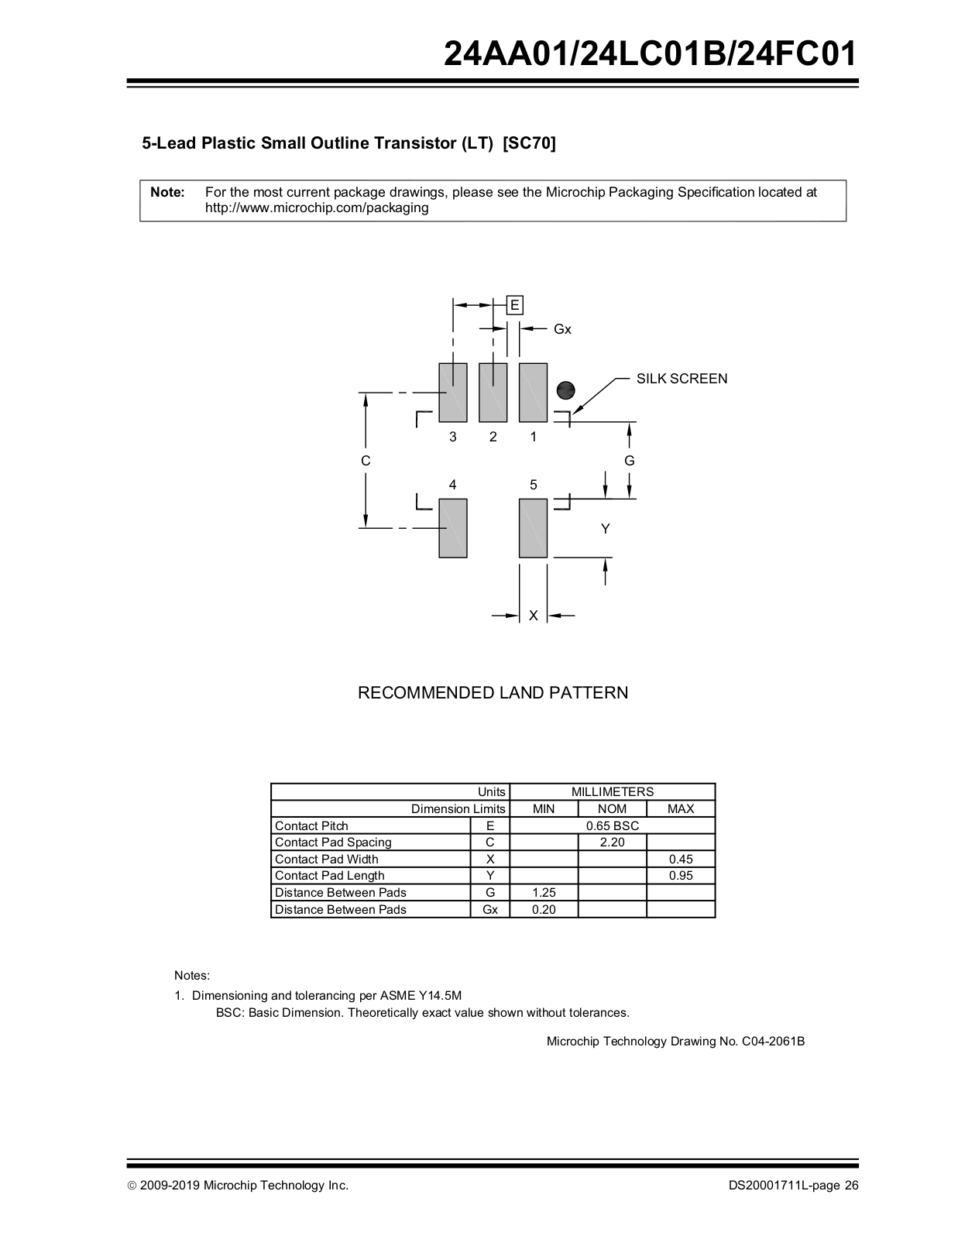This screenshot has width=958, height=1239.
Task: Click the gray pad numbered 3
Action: point(452,393)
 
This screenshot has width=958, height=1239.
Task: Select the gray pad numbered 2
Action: point(493,393)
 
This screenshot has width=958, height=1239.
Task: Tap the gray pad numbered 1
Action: point(533,393)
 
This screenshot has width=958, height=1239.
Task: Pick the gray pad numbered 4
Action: point(452,528)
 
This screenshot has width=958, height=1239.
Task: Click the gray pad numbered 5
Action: point(533,528)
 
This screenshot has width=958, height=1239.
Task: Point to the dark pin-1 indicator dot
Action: point(566,390)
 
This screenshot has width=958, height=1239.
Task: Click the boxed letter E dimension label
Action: point(514,305)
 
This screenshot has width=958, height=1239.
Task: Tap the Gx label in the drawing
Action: point(562,329)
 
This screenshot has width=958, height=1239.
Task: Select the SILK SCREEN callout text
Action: point(682,379)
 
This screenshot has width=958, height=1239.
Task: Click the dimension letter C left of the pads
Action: point(366,461)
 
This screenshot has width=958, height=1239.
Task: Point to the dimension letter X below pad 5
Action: point(533,616)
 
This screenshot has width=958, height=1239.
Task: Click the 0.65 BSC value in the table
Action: point(612,825)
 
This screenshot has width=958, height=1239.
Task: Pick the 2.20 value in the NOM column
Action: point(612,843)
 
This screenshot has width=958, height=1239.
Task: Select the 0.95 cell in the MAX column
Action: point(681,876)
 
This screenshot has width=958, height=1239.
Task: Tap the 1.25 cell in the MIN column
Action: point(544,893)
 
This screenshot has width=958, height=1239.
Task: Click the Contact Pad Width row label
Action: point(327,859)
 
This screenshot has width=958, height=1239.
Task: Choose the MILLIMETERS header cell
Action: point(612,791)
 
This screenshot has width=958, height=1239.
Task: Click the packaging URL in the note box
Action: point(317,208)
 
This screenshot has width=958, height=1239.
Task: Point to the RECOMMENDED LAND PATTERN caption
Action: point(493,693)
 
